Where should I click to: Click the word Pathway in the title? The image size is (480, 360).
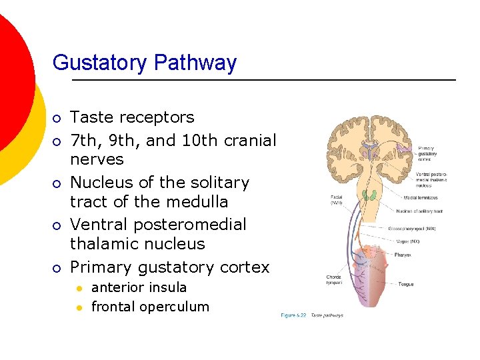pyautogui.click(x=195, y=63)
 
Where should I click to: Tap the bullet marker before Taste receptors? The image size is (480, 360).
pyautogui.click(x=57, y=119)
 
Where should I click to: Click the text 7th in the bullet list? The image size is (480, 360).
pyautogui.click(x=85, y=141)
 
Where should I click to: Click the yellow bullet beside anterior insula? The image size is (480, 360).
pyautogui.click(x=79, y=288)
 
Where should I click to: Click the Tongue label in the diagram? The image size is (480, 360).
pyautogui.click(x=406, y=284)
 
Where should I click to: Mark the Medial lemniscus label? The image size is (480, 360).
pyautogui.click(x=421, y=197)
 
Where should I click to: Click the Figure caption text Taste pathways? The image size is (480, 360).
pyautogui.click(x=327, y=315)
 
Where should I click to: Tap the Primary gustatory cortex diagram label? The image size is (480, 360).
pyautogui.click(x=427, y=154)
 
